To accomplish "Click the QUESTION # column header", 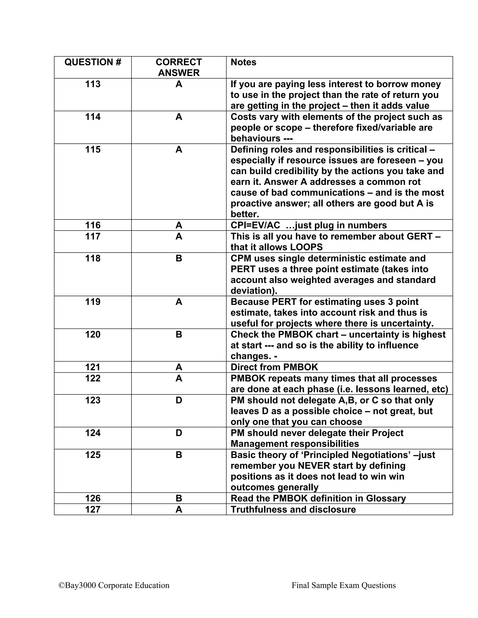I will click(93, 62).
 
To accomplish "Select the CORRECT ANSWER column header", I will click(179, 67).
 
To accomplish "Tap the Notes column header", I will click(243, 62).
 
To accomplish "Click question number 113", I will click(93, 84).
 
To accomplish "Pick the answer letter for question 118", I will click(179, 258).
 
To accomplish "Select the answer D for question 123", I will click(179, 400).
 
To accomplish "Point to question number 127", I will click(93, 509).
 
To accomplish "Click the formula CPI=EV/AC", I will click(255, 225).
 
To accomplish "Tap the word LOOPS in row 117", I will click(306, 247).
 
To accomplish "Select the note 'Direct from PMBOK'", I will click(274, 367).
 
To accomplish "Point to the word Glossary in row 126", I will click(386, 498).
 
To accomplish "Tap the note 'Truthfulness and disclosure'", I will click(293, 509).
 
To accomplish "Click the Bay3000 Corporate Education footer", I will click(114, 585).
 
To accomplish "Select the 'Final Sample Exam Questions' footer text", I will click(344, 585).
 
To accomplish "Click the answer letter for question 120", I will click(179, 334).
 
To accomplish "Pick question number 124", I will click(93, 433).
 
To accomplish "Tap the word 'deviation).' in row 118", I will click(254, 291).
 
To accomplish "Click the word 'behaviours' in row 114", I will click(255, 138).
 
